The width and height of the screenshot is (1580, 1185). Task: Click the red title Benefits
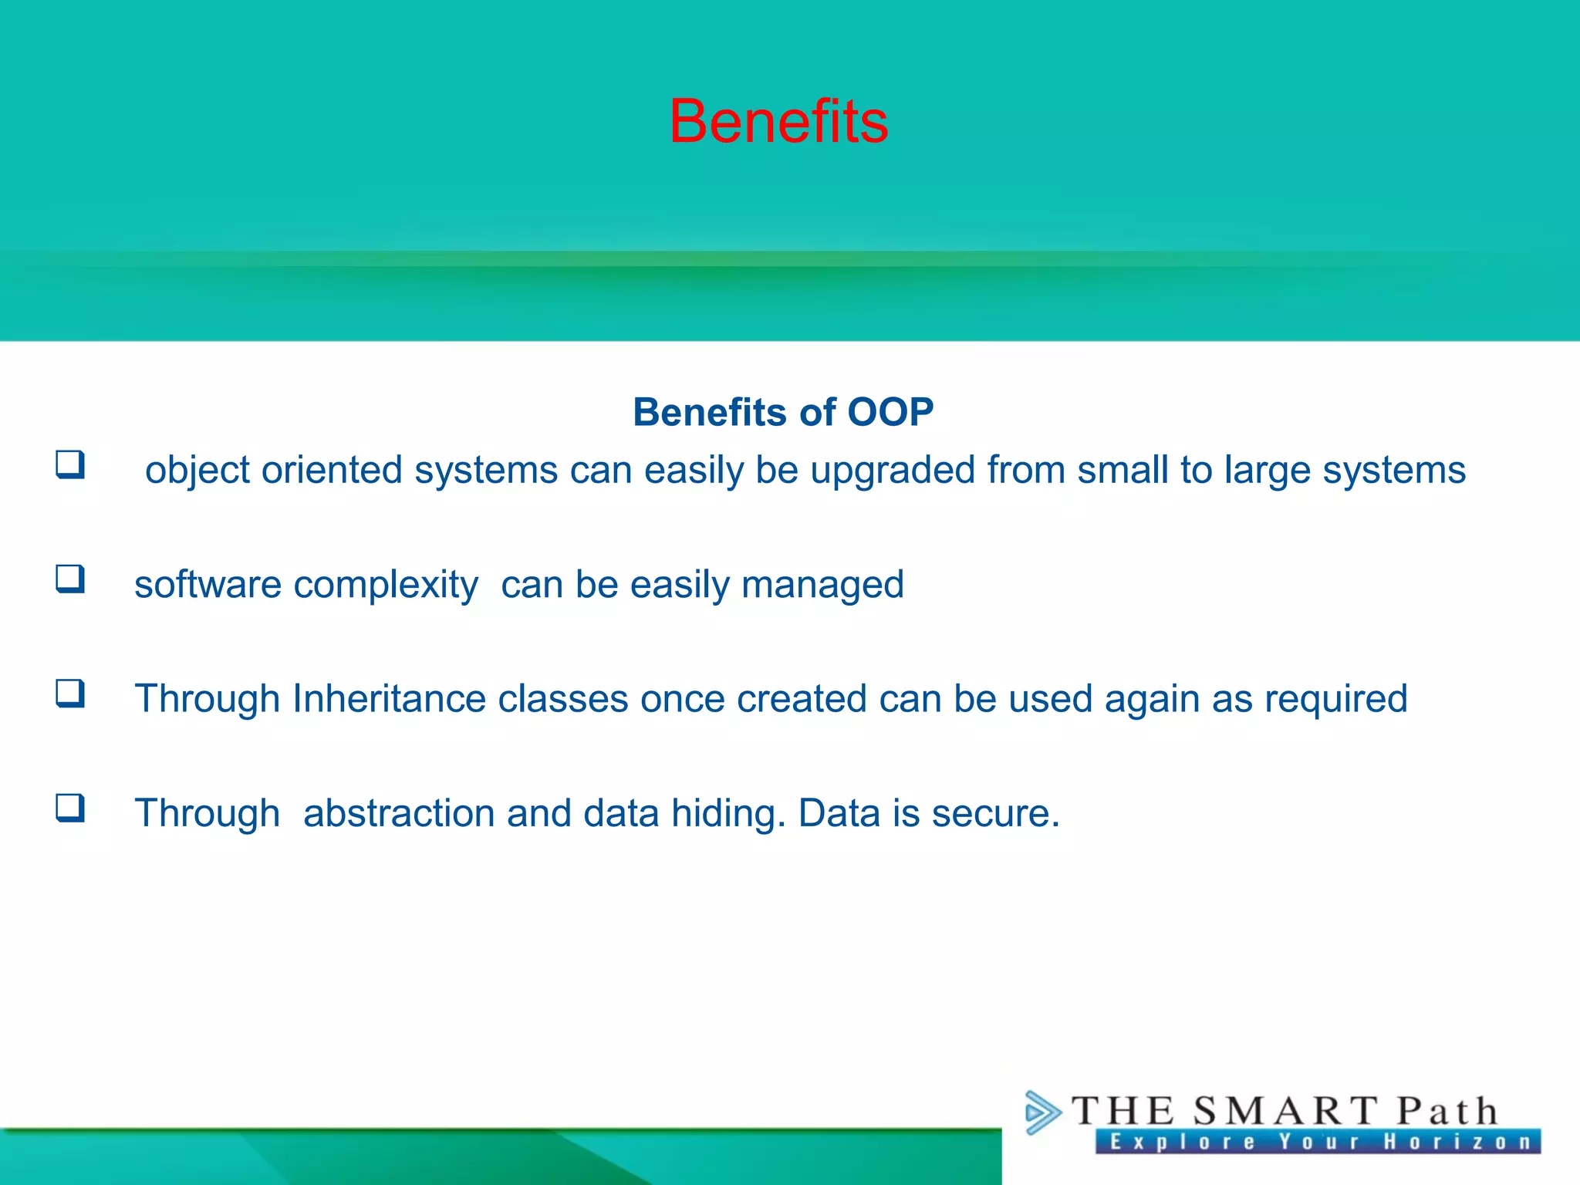(778, 122)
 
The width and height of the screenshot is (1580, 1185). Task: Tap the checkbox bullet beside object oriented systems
(70, 464)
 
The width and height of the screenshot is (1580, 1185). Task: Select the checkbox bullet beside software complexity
(70, 579)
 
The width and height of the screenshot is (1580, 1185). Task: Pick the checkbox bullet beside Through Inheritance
(70, 694)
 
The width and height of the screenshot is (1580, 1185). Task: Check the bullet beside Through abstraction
(70, 808)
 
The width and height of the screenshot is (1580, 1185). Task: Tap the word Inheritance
(389, 699)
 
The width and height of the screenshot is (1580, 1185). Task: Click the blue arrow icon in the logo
(1042, 1112)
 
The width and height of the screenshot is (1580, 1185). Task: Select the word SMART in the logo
(1285, 1112)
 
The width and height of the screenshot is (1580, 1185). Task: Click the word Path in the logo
(1447, 1112)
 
